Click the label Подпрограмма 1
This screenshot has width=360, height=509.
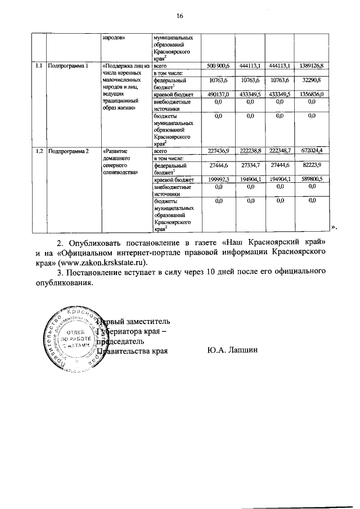pos(69,66)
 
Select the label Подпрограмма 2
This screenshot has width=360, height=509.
pos(69,151)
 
